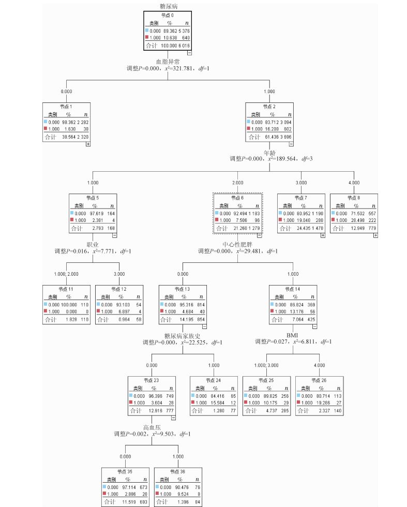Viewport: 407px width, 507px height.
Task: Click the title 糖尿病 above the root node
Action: [168, 6]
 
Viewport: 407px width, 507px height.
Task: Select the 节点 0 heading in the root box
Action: [168, 16]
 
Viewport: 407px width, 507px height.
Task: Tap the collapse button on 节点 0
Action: [190, 53]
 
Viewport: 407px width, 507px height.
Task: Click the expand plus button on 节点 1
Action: [88, 144]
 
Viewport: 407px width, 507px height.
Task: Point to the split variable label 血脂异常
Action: [168, 62]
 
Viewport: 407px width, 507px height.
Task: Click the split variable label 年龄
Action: [269, 153]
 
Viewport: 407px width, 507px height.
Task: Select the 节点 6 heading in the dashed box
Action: [237, 198]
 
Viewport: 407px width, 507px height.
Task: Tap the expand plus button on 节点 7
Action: [323, 235]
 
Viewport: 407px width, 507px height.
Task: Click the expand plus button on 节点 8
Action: [375, 235]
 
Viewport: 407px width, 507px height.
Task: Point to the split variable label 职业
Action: [93, 244]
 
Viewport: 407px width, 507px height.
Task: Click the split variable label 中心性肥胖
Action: [237, 244]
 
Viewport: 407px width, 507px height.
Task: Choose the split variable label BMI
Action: [293, 335]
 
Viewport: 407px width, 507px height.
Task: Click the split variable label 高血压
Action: [152, 427]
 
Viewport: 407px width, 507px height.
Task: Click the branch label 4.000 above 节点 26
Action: [319, 365]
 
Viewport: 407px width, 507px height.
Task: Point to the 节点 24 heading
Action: [214, 380]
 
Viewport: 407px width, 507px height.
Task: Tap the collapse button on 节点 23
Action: [173, 418]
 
